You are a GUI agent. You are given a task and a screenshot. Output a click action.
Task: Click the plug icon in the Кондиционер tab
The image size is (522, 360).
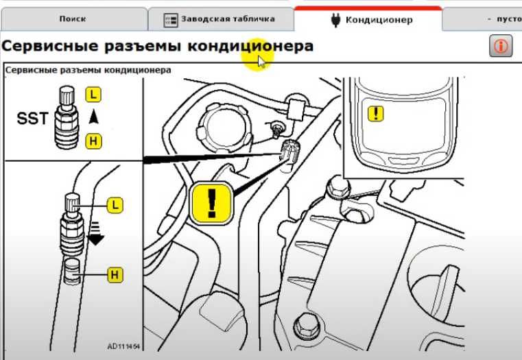click(x=335, y=20)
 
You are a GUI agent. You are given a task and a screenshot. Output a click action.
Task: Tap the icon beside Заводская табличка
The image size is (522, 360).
click(x=171, y=20)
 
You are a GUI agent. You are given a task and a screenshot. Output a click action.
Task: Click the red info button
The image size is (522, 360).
click(x=501, y=47)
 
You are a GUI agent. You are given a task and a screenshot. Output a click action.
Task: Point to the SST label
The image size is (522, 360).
click(x=32, y=119)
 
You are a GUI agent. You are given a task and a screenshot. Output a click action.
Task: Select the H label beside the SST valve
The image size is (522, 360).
click(x=92, y=141)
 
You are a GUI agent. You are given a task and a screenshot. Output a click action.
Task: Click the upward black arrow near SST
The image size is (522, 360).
click(x=93, y=117)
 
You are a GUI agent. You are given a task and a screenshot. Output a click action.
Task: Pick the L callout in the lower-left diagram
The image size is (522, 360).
click(x=115, y=204)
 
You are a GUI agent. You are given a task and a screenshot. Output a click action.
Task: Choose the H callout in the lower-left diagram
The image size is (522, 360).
click(x=115, y=276)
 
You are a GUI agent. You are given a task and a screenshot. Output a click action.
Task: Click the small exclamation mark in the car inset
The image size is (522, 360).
click(x=376, y=113)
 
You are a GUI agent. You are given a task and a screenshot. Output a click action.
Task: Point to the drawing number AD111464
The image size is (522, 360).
click(x=123, y=346)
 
